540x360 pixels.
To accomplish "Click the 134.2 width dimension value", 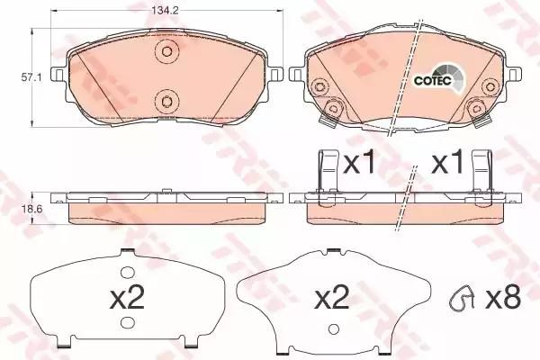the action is pos(165,11).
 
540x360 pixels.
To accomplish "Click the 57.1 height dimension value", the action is pos(31,78).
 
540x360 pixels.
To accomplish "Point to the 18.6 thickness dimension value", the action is pos(31,209).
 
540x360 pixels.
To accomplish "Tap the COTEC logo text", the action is pos(433,81).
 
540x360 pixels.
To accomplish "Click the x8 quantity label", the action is pos(503,298).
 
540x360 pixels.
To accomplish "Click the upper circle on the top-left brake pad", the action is pos(167,51).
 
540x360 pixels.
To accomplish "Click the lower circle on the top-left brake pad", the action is pos(166,102).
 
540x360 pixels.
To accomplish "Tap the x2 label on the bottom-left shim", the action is pos(127,298).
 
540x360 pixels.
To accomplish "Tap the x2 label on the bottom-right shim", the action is pos(332,298).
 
